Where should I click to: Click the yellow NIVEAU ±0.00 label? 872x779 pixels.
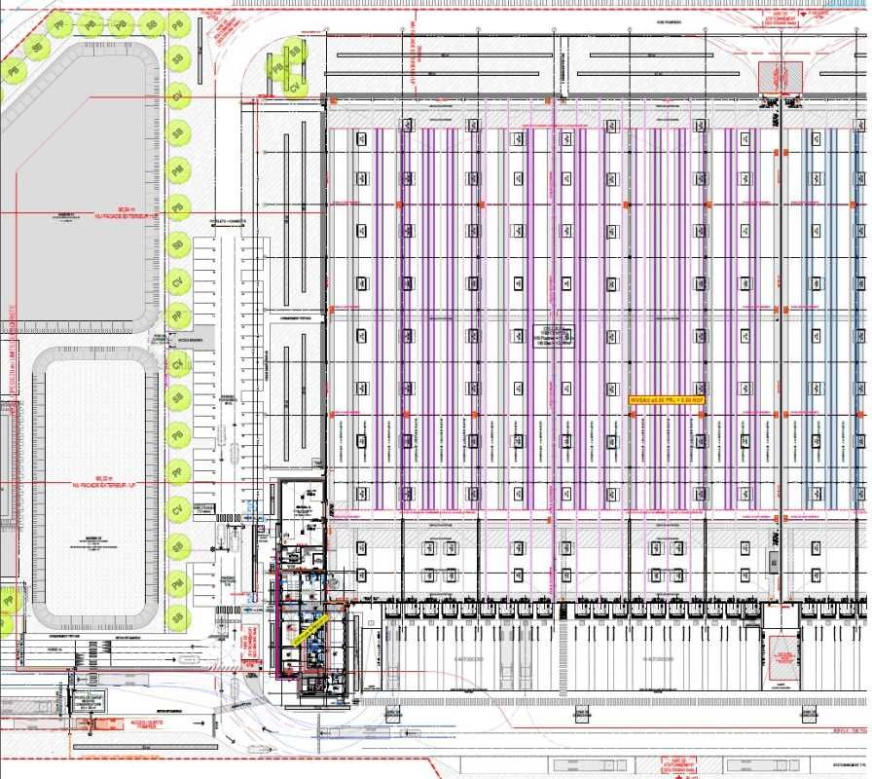pyautogui.click(x=667, y=399)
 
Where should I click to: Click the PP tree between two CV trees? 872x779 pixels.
pyautogui.click(x=177, y=316)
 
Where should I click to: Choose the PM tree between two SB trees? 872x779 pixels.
pyautogui.click(x=177, y=583)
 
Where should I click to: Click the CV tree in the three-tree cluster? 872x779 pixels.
pyautogui.click(x=295, y=87)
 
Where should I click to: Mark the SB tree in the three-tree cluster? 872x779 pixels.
pyautogui.click(x=296, y=52)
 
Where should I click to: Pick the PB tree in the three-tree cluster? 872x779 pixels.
pyautogui.click(x=277, y=67)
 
